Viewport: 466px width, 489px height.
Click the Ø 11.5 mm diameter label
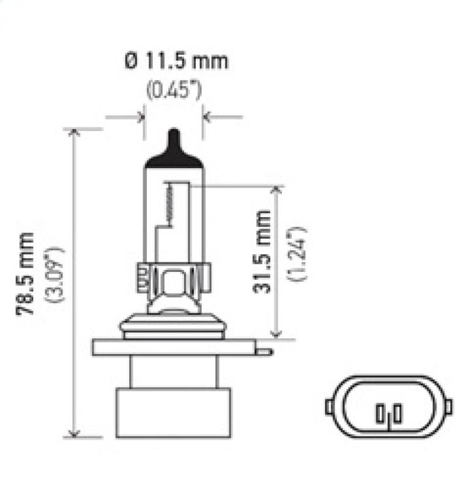coord(176,61)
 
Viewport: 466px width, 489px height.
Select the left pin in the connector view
coord(380,414)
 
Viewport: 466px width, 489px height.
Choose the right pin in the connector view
coord(398,414)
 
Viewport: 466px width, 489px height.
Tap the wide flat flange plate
coord(174,347)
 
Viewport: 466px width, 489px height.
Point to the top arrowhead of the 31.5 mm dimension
coord(276,191)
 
